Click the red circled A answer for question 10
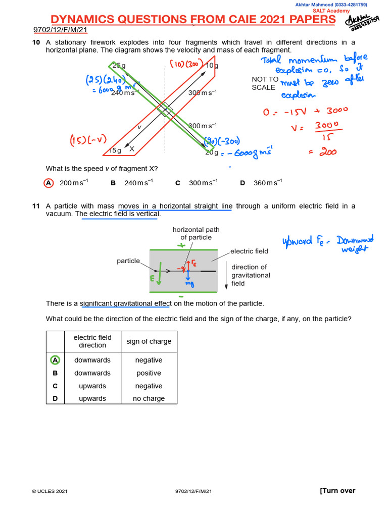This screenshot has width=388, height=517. pos(49,183)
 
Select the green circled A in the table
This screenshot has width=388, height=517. pos(55,360)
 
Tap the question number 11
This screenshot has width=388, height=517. pos(35,206)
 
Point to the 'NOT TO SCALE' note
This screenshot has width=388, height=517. pos(265,83)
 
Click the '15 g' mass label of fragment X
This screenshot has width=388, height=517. pos(116,150)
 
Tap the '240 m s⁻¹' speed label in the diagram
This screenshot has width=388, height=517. pos(123,93)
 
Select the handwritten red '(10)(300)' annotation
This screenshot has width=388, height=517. pos(186,64)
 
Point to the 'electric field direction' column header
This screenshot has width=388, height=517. pos(92,341)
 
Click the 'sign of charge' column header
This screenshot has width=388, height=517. pos(149,341)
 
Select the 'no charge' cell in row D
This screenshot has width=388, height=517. pos(149,398)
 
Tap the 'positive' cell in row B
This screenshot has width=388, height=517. pos(149,373)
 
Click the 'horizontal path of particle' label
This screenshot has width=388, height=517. pos(196,233)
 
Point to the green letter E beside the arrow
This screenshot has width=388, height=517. pos(152,278)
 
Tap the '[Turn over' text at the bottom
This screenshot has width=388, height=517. pos(337,491)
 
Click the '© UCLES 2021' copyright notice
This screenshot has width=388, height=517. pos(50,491)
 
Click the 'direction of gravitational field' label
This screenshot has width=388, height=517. pos(251,275)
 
